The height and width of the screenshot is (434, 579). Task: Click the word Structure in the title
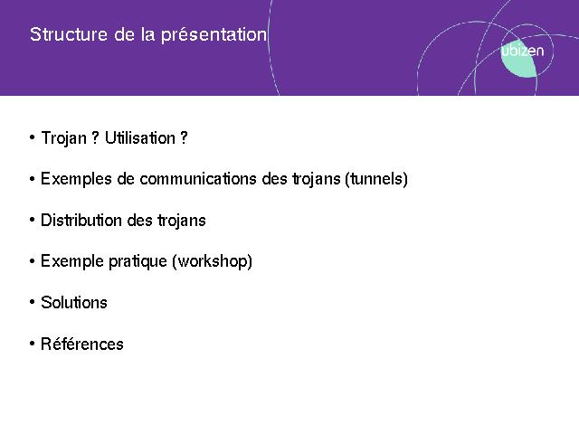[69, 34]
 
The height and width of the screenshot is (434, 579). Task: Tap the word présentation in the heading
[214, 35]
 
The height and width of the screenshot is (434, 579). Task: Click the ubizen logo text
[523, 51]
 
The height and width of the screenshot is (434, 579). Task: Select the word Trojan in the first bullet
[64, 138]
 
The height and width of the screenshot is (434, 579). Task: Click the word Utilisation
[140, 138]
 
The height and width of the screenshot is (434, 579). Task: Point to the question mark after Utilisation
[184, 138]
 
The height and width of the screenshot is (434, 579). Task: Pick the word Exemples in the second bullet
[76, 179]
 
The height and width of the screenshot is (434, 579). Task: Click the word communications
[198, 179]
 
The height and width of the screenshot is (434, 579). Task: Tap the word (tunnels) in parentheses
[376, 179]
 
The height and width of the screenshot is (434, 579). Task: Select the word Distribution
[81, 221]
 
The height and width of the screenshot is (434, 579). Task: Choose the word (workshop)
[213, 261]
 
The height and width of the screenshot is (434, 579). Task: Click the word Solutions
[74, 303]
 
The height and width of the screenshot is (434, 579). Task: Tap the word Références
[82, 344]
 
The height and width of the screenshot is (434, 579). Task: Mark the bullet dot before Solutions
[33, 303]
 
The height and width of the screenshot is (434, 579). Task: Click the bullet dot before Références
[33, 344]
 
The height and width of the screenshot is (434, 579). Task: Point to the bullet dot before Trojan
[33, 138]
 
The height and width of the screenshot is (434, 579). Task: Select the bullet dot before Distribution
[33, 221]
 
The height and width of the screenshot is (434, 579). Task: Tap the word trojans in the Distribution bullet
[182, 221]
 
